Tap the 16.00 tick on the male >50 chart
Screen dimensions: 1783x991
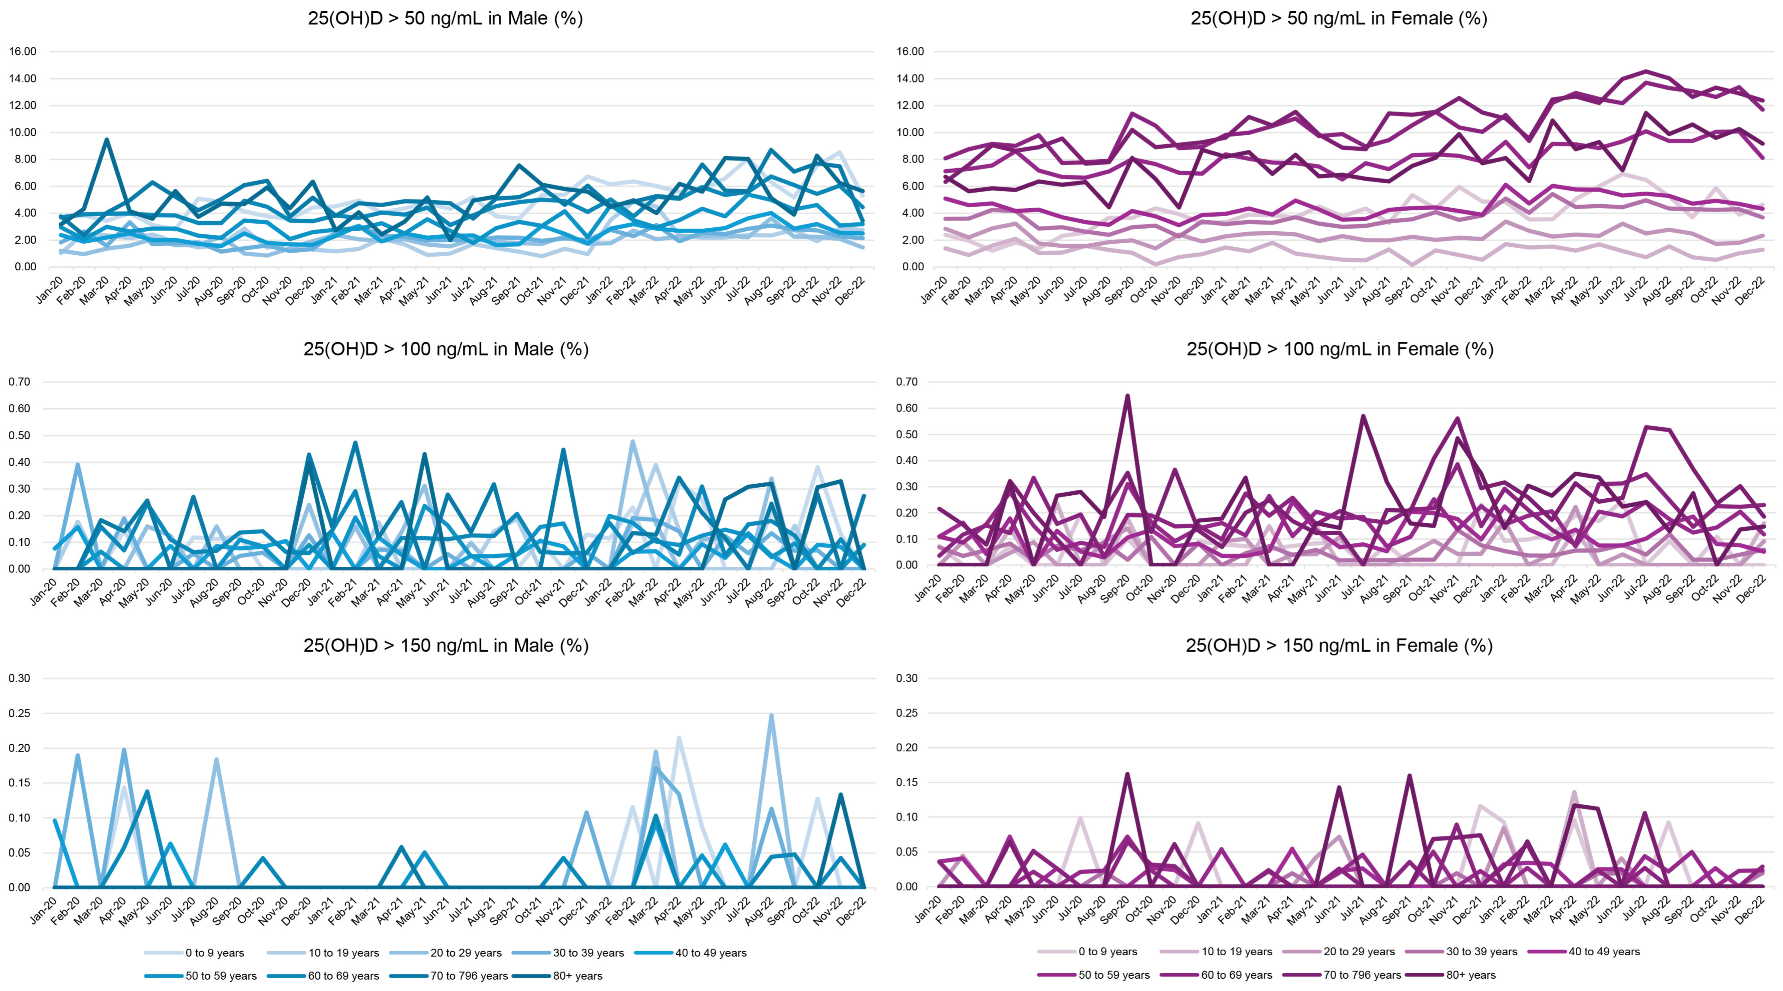(23, 51)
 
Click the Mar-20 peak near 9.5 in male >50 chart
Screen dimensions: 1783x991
(106, 140)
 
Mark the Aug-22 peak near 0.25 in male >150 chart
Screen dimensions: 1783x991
(771, 715)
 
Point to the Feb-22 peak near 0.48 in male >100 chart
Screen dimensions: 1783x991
(632, 442)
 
